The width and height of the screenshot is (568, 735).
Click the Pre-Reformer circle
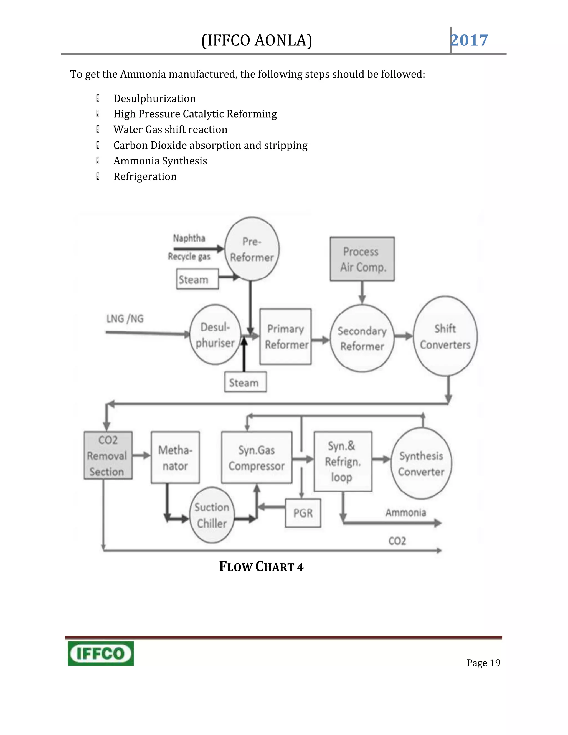(x=252, y=249)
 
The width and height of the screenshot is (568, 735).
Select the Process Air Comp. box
(x=362, y=259)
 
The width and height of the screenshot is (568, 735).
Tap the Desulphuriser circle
(x=215, y=334)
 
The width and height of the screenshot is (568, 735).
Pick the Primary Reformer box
(x=285, y=336)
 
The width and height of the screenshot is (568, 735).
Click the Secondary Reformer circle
(x=362, y=338)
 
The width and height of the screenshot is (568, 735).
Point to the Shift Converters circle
(x=445, y=336)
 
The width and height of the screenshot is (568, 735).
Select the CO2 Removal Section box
(x=108, y=455)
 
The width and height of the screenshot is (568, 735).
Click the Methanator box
(x=175, y=457)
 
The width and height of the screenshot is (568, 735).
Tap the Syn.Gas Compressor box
(x=257, y=457)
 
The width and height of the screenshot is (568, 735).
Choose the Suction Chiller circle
(x=212, y=515)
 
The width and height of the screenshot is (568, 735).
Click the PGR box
(x=303, y=513)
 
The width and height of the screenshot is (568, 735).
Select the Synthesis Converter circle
(x=421, y=463)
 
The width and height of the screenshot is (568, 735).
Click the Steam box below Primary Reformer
(x=245, y=382)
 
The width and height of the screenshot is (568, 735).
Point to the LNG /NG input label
(x=125, y=318)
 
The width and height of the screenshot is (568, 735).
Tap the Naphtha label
(x=189, y=238)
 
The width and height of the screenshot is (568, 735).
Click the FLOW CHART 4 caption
(x=261, y=567)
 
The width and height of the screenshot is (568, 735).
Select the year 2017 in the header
(x=470, y=40)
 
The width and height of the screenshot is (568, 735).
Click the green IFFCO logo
(x=101, y=653)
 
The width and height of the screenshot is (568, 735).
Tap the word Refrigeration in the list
(x=145, y=176)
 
